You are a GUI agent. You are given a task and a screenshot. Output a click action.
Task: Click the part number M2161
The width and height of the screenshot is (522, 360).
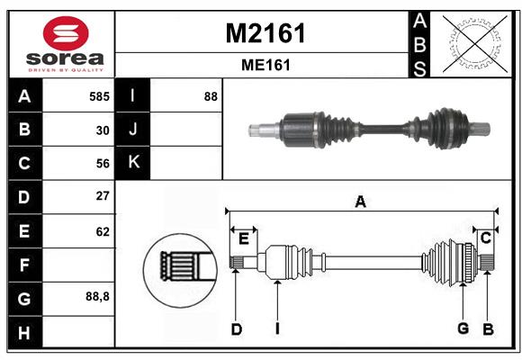click(x=265, y=33)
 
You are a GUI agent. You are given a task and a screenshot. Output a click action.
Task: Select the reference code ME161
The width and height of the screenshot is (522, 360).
click(x=265, y=66)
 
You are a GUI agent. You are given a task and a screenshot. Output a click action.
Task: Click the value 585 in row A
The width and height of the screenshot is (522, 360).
click(x=99, y=96)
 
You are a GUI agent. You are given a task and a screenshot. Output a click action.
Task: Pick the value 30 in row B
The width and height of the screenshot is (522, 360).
click(x=103, y=130)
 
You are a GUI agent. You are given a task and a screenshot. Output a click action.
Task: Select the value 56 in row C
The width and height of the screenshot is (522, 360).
click(x=103, y=163)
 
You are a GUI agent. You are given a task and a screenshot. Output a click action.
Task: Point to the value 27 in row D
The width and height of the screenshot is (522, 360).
click(x=103, y=196)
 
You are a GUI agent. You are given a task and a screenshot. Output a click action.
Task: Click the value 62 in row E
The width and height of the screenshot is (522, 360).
click(x=103, y=231)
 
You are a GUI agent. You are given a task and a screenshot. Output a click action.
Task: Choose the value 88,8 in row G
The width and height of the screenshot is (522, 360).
click(x=97, y=296)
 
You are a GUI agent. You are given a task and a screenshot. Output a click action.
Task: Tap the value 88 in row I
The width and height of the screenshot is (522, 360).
click(x=211, y=96)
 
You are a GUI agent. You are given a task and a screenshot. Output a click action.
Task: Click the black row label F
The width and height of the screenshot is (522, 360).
click(x=24, y=265)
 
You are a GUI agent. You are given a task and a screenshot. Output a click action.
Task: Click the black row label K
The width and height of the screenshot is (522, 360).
click(x=133, y=163)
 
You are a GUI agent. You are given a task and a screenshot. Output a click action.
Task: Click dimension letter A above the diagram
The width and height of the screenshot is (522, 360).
click(x=360, y=202)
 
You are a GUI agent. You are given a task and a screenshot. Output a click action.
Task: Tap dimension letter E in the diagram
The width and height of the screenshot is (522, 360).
click(x=243, y=238)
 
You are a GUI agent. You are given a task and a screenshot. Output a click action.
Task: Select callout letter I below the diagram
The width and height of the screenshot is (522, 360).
click(x=278, y=329)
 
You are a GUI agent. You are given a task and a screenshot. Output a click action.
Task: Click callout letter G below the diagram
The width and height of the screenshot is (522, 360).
click(x=463, y=328)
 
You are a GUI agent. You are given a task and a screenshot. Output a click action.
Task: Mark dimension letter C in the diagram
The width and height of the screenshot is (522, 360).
click(x=485, y=238)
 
